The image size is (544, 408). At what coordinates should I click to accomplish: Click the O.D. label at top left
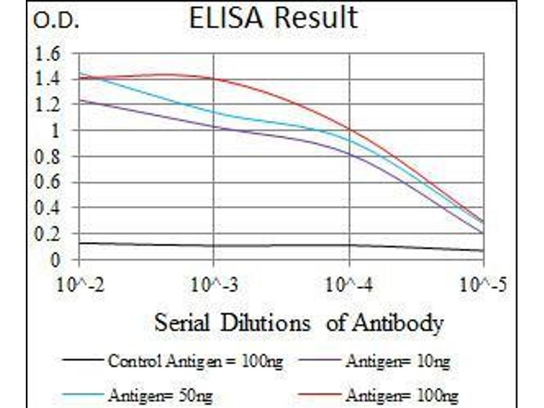click(56, 22)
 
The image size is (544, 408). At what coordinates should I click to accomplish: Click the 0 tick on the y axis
click(55, 260)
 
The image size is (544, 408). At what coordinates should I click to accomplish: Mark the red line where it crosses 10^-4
click(350, 129)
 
